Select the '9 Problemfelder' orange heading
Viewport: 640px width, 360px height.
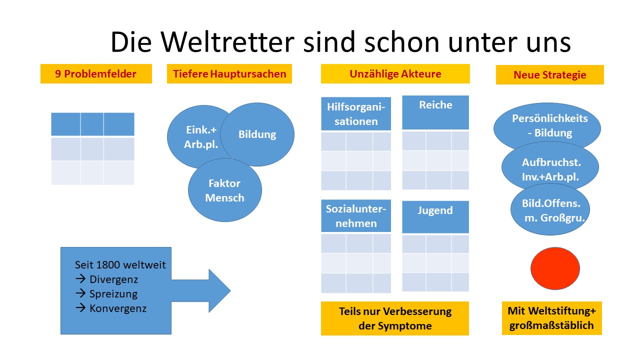pyautogui.click(x=95, y=74)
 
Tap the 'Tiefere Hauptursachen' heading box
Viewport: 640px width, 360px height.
pyautogui.click(x=229, y=74)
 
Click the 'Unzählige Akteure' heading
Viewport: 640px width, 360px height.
pyautogui.click(x=395, y=74)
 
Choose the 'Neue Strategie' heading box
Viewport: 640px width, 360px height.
pyautogui.click(x=549, y=75)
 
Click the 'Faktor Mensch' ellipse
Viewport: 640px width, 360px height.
pyautogui.click(x=225, y=190)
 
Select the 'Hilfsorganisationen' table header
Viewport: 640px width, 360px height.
pyautogui.click(x=356, y=114)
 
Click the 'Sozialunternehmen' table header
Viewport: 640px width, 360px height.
pyautogui.click(x=356, y=216)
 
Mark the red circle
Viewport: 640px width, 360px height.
pyautogui.click(x=555, y=268)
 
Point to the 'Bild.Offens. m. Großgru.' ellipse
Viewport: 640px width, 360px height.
pyautogui.click(x=548, y=210)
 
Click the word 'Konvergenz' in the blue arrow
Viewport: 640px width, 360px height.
pyautogui.click(x=118, y=308)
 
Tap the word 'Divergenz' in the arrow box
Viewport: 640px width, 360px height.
pyautogui.click(x=113, y=279)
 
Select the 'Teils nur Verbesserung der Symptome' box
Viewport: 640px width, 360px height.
pyautogui.click(x=395, y=318)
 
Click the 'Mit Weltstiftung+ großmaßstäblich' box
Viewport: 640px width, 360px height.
pyautogui.click(x=551, y=318)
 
